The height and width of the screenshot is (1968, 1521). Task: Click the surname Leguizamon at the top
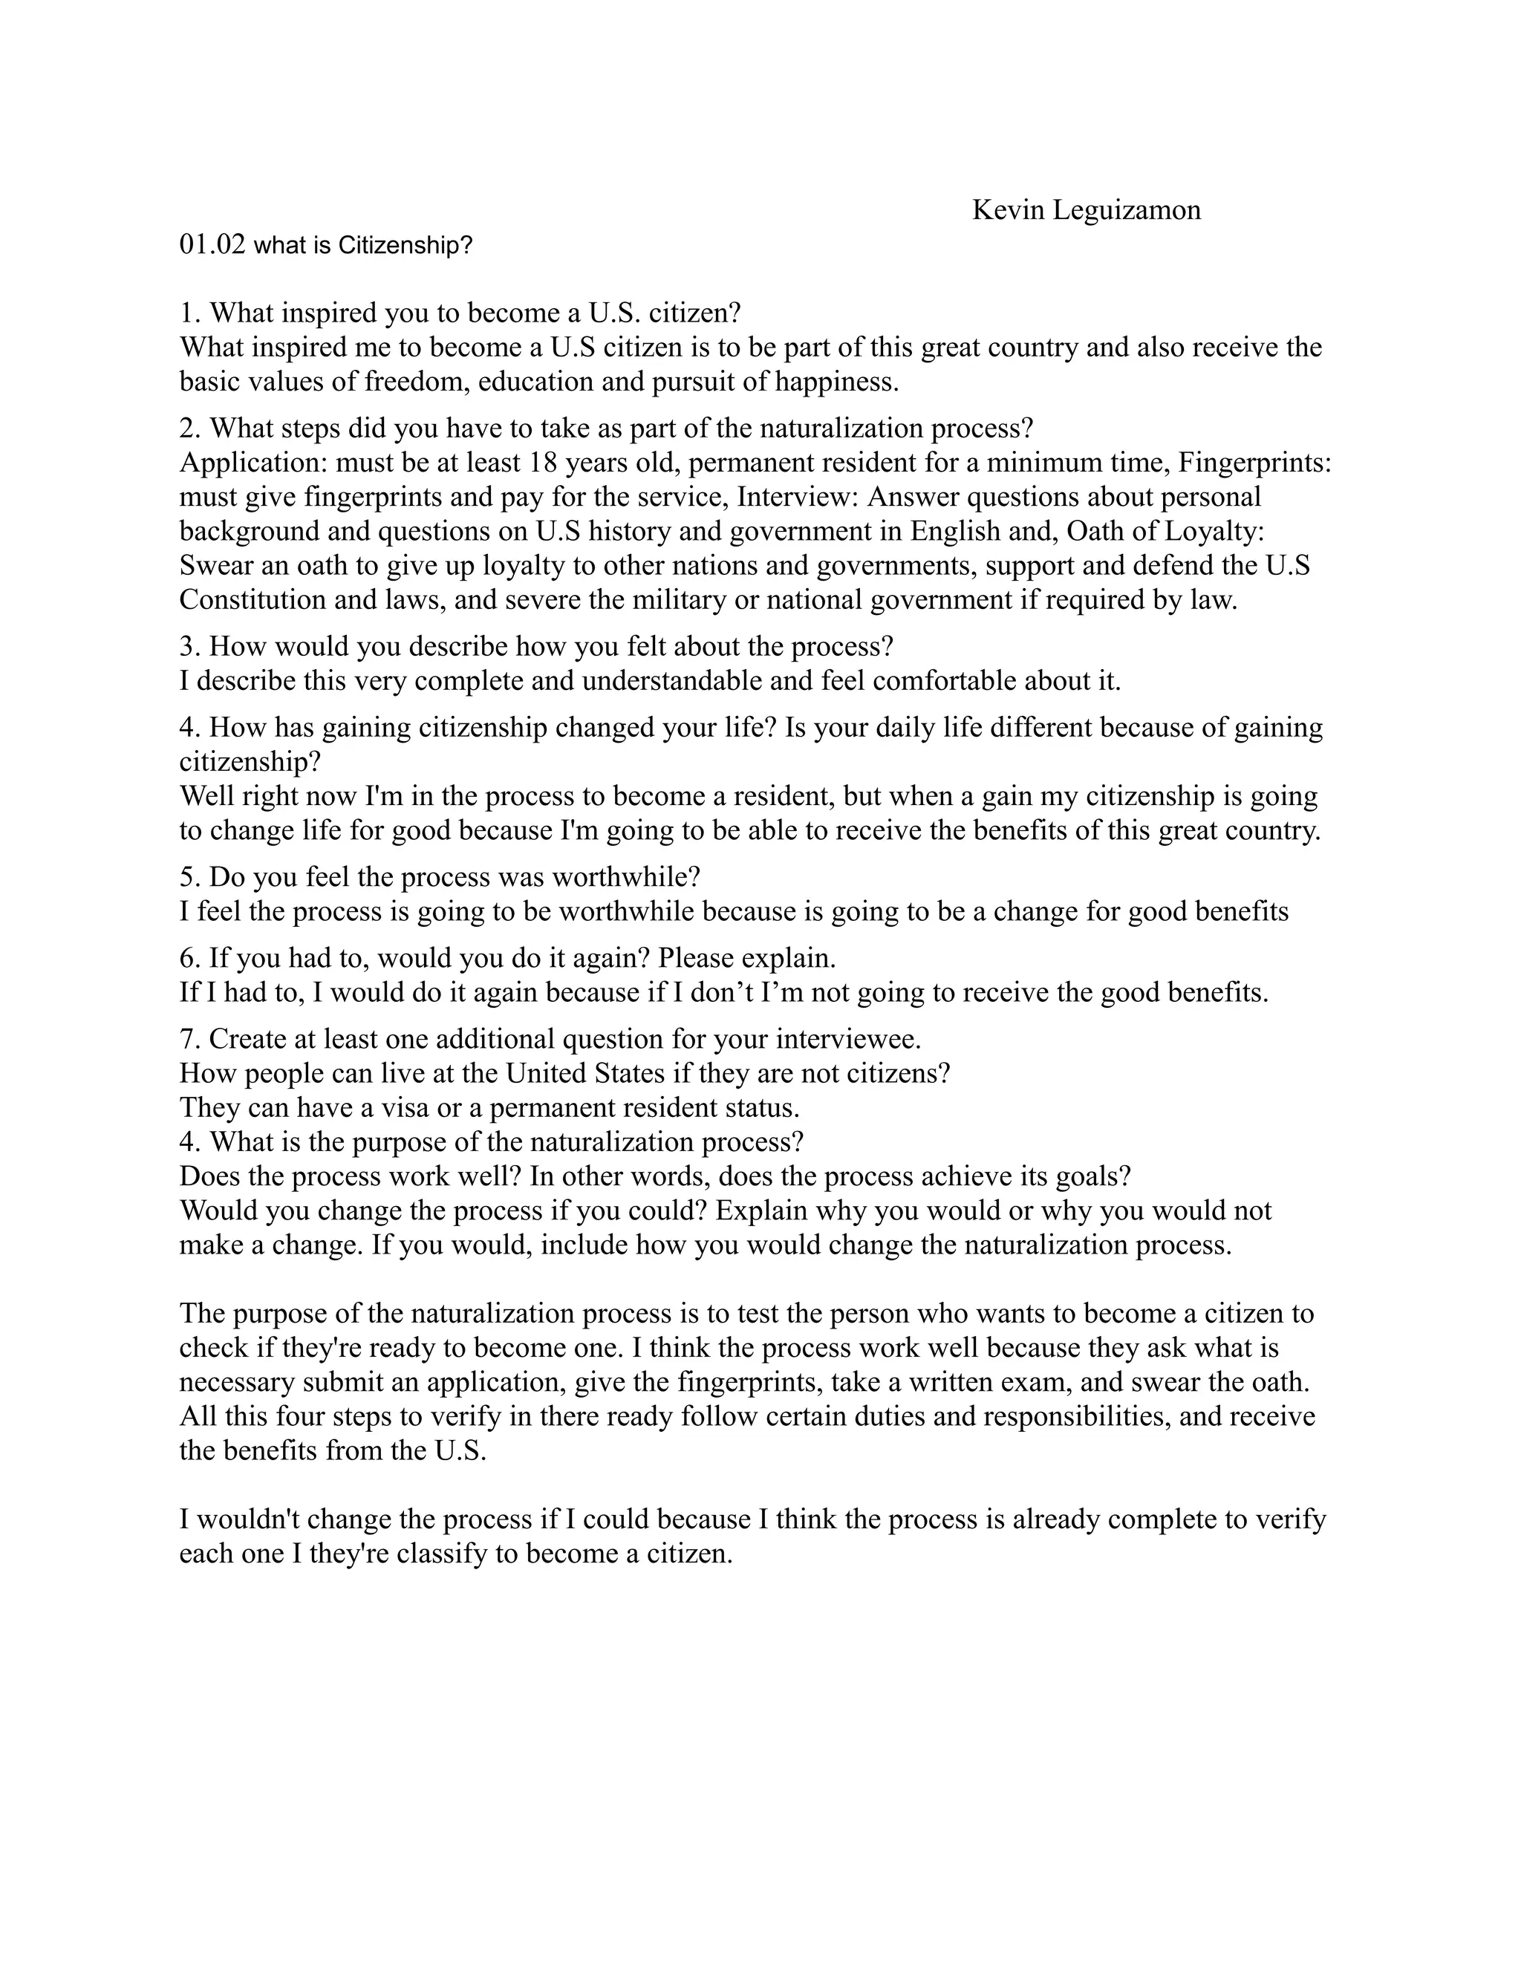coord(1127,211)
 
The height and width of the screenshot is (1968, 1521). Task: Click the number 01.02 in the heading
coord(212,245)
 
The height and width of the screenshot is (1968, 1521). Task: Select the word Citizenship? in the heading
coord(405,246)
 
